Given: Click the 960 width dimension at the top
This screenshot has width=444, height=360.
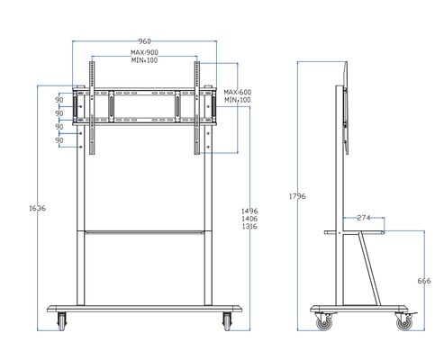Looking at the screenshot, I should coord(143,40).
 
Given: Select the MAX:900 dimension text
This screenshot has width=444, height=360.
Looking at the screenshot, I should coord(143,52).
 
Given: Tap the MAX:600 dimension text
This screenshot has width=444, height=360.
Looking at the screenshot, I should coord(237,92).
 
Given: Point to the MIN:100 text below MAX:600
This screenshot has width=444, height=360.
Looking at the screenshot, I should coord(237,101).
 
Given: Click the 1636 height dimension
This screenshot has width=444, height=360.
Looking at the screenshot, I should coord(38,209).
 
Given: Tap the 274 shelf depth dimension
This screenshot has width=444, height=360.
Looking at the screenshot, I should coord(364,218).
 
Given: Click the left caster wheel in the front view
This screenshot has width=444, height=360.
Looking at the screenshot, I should coord(62,319).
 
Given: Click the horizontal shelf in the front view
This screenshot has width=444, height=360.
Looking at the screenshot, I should coord(143,233).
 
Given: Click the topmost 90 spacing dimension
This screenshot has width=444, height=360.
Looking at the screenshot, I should coord(59,101).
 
